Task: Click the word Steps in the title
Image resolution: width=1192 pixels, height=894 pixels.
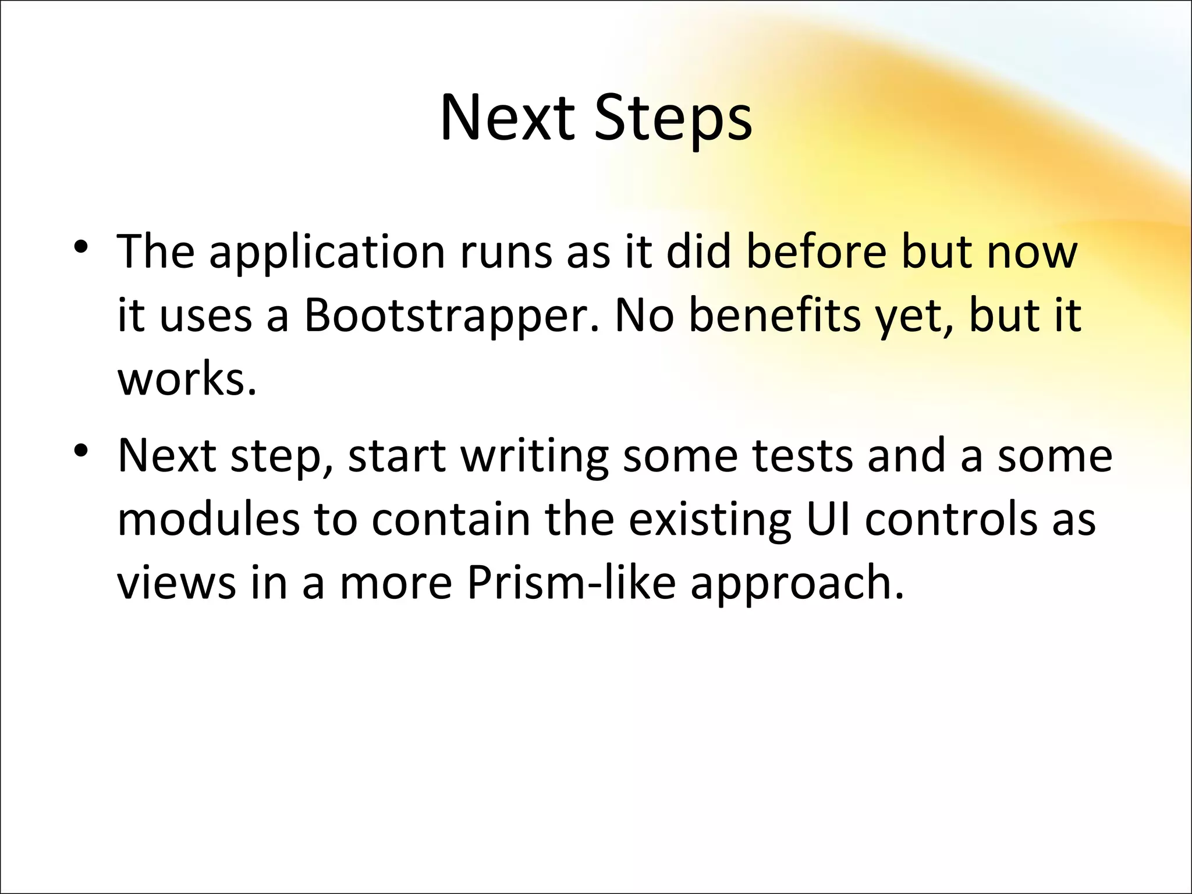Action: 673,119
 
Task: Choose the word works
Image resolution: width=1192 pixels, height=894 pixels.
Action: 186,379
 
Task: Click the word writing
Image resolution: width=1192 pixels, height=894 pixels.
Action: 534,457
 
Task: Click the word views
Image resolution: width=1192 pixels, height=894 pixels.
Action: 176,583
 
